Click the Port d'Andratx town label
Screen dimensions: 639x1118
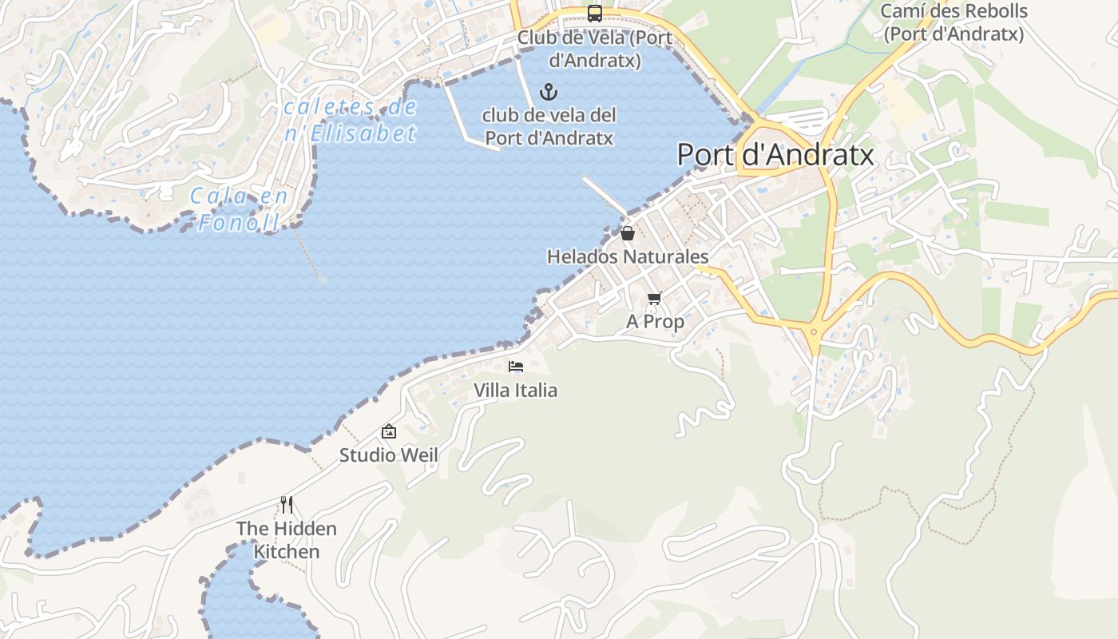point(775,154)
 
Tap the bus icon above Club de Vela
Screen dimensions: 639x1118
point(595,13)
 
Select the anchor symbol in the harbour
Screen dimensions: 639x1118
point(549,91)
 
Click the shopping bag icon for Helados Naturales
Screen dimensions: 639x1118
point(628,233)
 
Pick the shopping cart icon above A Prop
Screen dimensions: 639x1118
point(655,298)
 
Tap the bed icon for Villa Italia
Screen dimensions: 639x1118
point(516,367)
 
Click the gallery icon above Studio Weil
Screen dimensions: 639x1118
point(389,431)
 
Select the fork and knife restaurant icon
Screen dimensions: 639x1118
point(287,505)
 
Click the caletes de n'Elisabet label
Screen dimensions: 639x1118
point(351,120)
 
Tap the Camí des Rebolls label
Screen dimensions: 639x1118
point(953,22)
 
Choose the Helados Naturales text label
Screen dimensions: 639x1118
point(628,256)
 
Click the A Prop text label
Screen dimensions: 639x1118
point(655,321)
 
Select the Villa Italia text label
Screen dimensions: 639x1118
point(516,390)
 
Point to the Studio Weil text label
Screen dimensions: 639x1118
point(389,454)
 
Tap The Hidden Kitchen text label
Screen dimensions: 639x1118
point(287,540)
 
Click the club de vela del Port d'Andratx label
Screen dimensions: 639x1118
point(549,126)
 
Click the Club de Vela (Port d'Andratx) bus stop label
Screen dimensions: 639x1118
point(595,49)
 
